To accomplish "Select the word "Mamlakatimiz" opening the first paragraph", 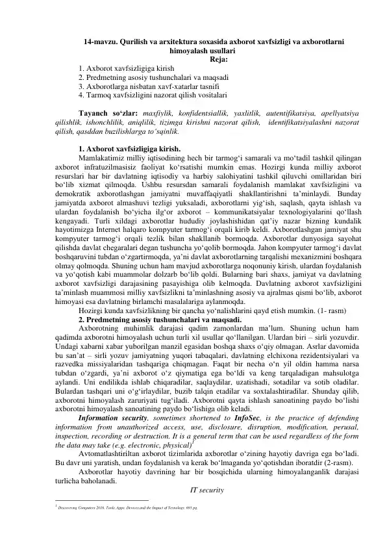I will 103,157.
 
